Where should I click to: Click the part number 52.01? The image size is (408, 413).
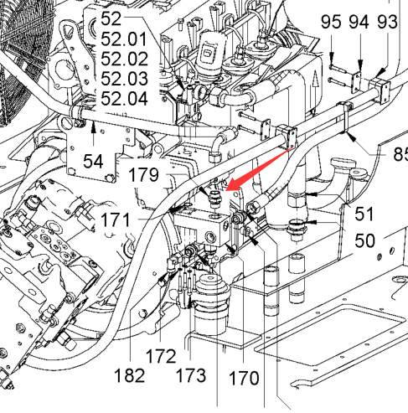point(124,39)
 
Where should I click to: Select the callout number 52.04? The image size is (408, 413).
point(124,99)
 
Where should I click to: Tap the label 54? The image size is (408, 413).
point(93,161)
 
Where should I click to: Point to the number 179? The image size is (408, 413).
point(143,175)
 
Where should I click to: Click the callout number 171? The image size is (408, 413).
point(116,219)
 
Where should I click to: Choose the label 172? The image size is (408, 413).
point(161,356)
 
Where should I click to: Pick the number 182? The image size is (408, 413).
point(130,375)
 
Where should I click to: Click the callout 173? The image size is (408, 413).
point(191,375)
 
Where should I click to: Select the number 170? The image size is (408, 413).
point(244,378)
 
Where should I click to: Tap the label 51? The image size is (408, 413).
point(364,214)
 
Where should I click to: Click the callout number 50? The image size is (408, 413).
point(364,240)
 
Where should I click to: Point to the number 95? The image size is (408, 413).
point(331,22)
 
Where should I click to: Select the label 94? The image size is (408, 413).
point(359,22)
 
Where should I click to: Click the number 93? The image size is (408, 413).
point(387,22)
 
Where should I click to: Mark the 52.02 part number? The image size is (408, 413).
point(124,59)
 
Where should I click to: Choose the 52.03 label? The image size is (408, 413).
point(124,79)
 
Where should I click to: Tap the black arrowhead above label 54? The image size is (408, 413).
point(93,126)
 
